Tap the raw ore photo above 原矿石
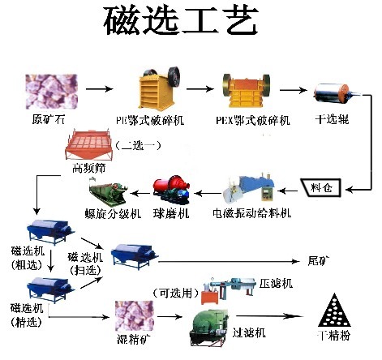coord(48,91)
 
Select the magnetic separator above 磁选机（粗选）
coord(48,230)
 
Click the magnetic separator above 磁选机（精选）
coord(48,288)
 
